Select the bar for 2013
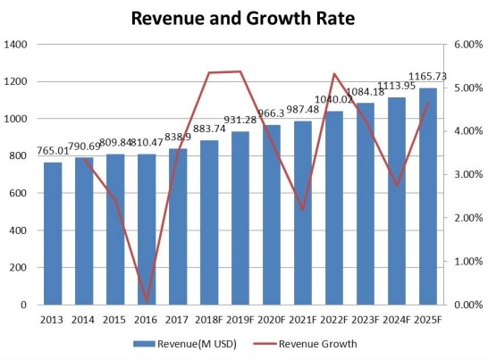tap(53, 233)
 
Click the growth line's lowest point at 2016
tap(147, 302)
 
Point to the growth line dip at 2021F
tap(303, 209)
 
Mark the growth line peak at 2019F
tap(240, 71)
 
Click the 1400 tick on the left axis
tap(19, 45)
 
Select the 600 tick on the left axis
tap(21, 193)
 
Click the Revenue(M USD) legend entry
tap(183, 343)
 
